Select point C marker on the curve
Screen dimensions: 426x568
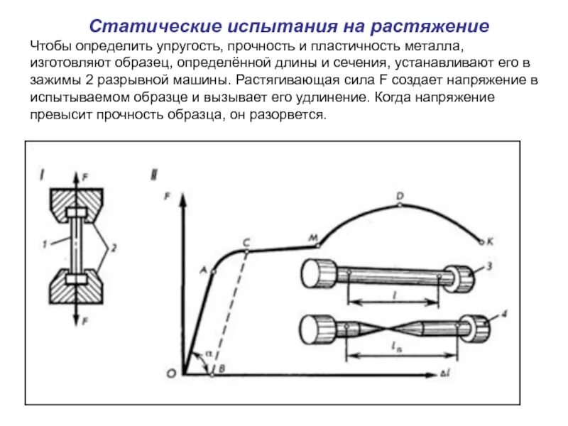[246, 250]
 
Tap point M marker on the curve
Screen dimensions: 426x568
[317, 245]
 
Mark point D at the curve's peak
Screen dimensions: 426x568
[400, 204]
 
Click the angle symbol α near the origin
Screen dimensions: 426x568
[207, 352]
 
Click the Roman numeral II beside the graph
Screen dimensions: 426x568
[155, 171]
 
